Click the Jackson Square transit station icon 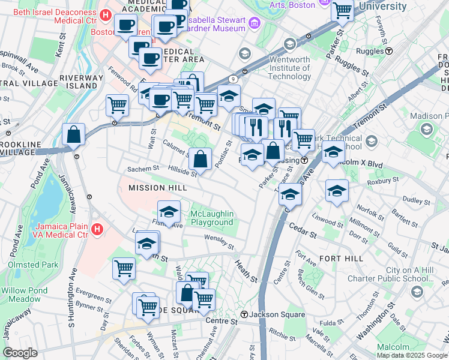click(x=244, y=314)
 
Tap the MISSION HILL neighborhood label click(x=157, y=188)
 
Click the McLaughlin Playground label click(x=211, y=218)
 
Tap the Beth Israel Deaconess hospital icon click(x=106, y=15)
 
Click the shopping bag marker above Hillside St click(x=200, y=160)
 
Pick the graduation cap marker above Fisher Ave click(x=169, y=211)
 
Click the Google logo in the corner click(x=20, y=353)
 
